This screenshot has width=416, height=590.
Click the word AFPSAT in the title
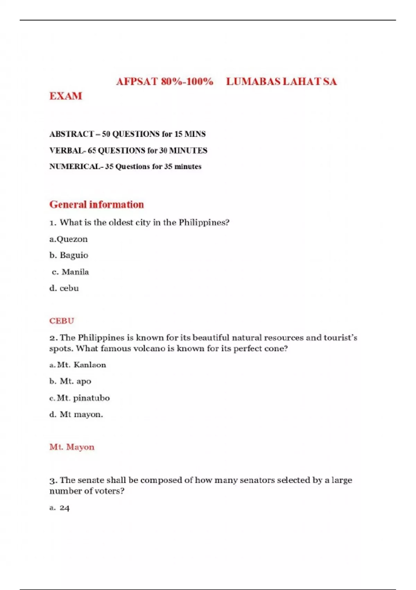click(137, 82)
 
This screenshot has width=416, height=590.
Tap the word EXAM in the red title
click(66, 96)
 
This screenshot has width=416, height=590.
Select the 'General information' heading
click(96, 204)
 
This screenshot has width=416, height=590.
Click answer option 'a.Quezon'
click(68, 239)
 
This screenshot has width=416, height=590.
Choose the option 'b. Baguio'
click(69, 255)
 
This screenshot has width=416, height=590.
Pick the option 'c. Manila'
click(70, 272)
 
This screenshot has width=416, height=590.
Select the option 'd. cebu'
click(64, 288)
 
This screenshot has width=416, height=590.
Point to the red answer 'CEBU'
click(62, 321)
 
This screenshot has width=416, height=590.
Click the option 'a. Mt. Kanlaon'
click(78, 365)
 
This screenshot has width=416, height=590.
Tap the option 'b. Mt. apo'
click(70, 381)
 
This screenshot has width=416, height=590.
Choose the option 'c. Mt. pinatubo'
click(79, 398)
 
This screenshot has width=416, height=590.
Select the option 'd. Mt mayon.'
click(76, 414)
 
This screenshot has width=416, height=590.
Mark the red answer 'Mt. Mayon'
click(72, 447)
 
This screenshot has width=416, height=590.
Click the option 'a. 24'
click(60, 508)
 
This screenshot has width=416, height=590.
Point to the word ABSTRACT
click(71, 134)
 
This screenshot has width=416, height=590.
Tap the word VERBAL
click(66, 151)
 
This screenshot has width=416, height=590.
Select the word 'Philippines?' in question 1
click(204, 222)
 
